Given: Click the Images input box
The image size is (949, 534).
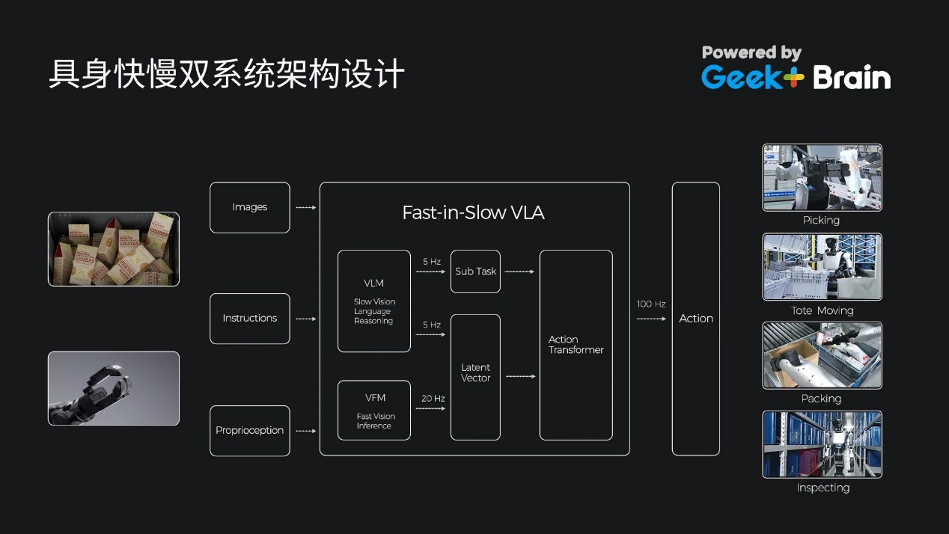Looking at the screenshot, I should [249, 207].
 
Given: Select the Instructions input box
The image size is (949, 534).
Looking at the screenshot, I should [249, 318].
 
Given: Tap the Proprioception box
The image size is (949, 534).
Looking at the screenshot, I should [249, 430].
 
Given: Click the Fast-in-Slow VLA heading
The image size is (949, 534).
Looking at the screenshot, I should [473, 212].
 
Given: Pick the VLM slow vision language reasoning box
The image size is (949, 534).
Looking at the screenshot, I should [373, 301].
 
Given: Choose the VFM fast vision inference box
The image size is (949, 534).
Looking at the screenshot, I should [373, 410].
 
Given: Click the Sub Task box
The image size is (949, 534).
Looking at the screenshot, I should [475, 271].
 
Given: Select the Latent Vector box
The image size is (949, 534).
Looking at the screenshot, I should [475, 376].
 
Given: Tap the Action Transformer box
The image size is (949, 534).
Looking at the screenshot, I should [576, 345].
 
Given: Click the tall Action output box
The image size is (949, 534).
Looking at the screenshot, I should [695, 319].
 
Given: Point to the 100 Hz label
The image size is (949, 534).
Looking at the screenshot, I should [651, 304].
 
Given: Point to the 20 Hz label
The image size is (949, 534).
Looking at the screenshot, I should [433, 399].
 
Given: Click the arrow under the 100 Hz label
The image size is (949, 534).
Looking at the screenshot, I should [651, 319].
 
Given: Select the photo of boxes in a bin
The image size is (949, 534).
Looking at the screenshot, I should [114, 249].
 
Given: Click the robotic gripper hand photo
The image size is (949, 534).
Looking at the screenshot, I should [114, 388].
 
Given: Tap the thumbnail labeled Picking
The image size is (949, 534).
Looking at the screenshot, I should [822, 177].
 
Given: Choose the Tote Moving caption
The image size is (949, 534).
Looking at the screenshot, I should [822, 310].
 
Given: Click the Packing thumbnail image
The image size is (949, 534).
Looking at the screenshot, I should [822, 355].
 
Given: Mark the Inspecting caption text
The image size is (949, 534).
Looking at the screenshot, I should [823, 488].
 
